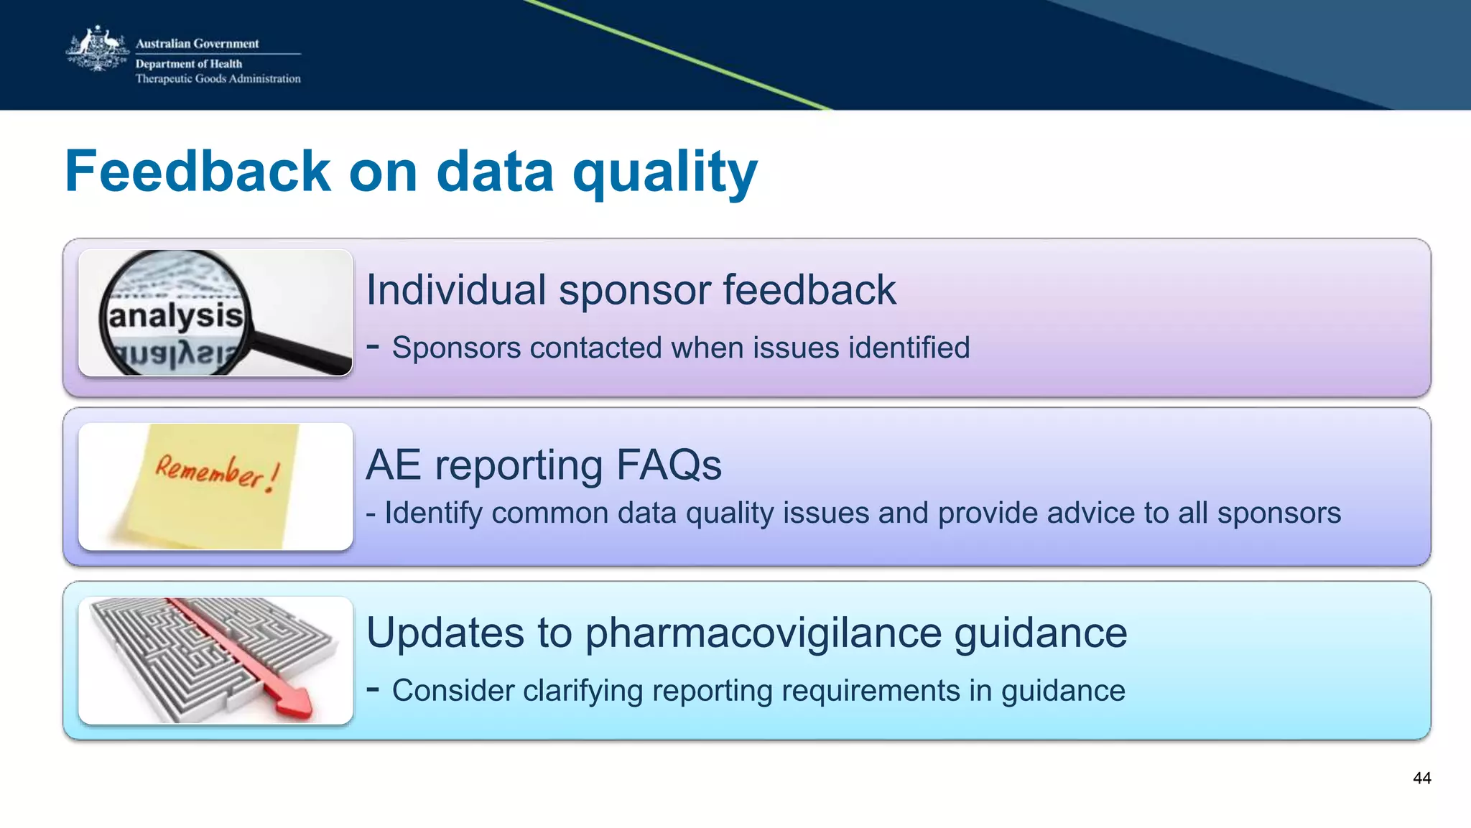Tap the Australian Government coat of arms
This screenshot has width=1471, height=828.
click(97, 50)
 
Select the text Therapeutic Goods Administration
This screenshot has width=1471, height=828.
click(218, 79)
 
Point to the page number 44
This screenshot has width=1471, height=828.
click(1421, 778)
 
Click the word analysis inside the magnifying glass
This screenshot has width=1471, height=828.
click(175, 316)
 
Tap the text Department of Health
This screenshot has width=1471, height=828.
click(188, 64)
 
